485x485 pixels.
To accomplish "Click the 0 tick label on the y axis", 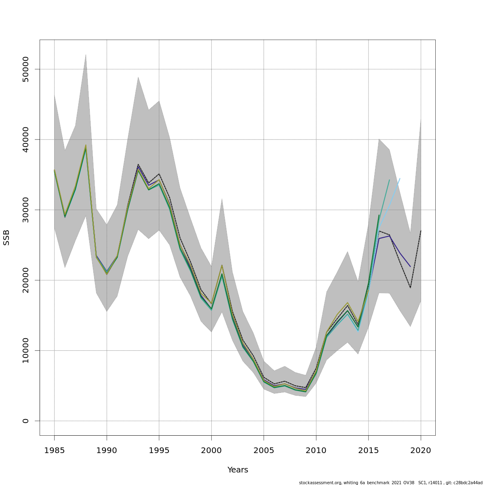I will pyautogui.click(x=26, y=421).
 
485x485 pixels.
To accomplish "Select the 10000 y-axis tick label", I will pyautogui.click(x=26, y=350).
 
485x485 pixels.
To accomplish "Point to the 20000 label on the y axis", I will pyautogui.click(x=26, y=280).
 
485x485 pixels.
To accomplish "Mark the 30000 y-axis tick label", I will pyautogui.click(x=26, y=210).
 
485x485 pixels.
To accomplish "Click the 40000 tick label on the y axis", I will pyautogui.click(x=26, y=139).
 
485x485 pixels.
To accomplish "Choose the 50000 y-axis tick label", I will pyautogui.click(x=26, y=69).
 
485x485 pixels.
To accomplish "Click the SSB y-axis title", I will pyautogui.click(x=6, y=237).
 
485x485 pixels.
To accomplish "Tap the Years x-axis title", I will pyautogui.click(x=238, y=470).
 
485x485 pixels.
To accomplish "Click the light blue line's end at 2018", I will pyautogui.click(x=400, y=178).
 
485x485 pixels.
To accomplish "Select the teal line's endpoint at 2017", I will pyautogui.click(x=389, y=180).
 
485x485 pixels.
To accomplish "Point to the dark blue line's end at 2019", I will pyautogui.click(x=410, y=267).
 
